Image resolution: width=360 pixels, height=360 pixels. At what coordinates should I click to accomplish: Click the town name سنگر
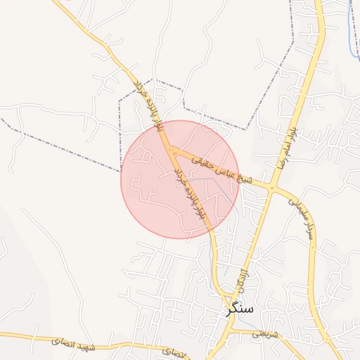[x=240, y=308]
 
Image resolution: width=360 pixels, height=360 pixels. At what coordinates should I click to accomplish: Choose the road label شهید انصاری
[x=77, y=342]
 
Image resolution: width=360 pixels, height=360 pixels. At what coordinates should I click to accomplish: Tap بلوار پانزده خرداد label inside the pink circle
[x=191, y=198]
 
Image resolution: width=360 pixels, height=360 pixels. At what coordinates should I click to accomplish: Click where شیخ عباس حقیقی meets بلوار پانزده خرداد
[x=170, y=149]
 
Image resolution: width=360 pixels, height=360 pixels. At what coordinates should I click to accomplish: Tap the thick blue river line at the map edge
[x=353, y=28]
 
